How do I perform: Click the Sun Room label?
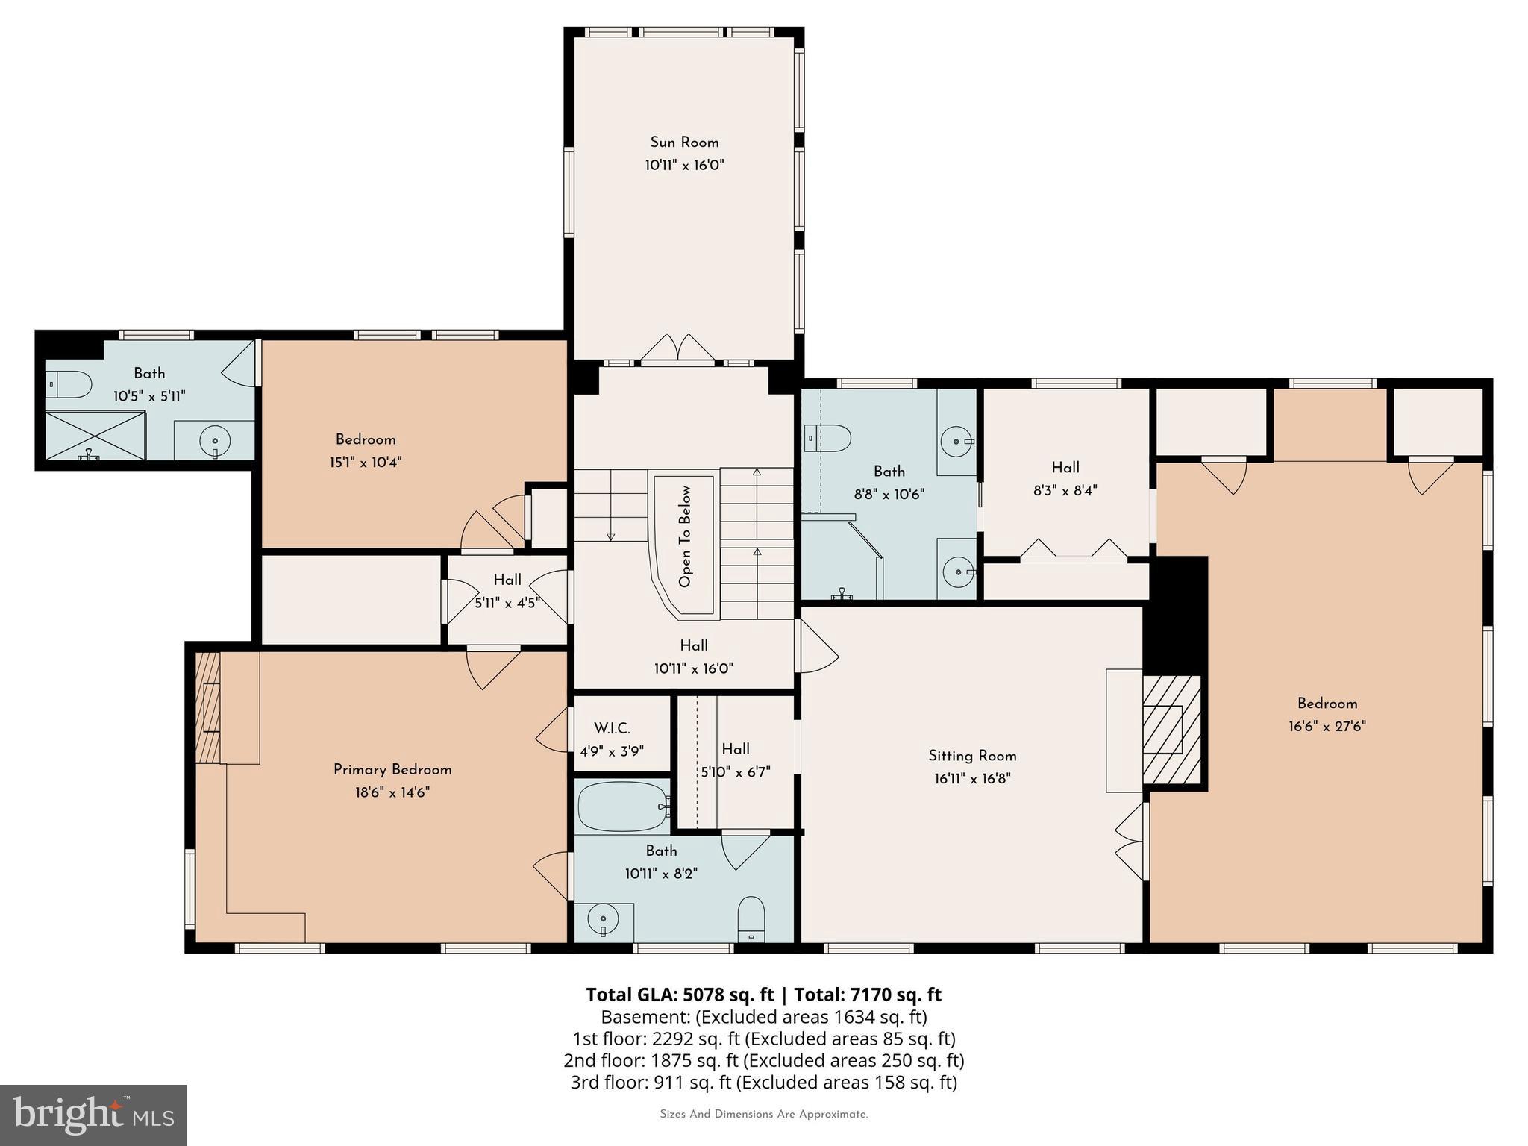point(684,143)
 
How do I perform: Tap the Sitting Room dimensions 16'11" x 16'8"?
point(972,779)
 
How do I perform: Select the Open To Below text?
point(685,536)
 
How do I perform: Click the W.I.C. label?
point(612,729)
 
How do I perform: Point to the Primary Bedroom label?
point(392,770)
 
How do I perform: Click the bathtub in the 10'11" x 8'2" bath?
point(622,806)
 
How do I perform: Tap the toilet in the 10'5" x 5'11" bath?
point(69,384)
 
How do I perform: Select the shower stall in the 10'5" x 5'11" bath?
point(95,435)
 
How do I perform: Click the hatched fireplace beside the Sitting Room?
point(1171,729)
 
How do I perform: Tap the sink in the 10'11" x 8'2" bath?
point(603,919)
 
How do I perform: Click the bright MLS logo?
point(93,1115)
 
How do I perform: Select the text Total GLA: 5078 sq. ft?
point(680,995)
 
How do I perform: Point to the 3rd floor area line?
point(763,1082)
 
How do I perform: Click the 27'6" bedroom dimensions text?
point(1327,726)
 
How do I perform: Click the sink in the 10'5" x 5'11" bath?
point(214,439)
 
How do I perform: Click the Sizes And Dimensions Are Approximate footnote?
point(763,1115)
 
